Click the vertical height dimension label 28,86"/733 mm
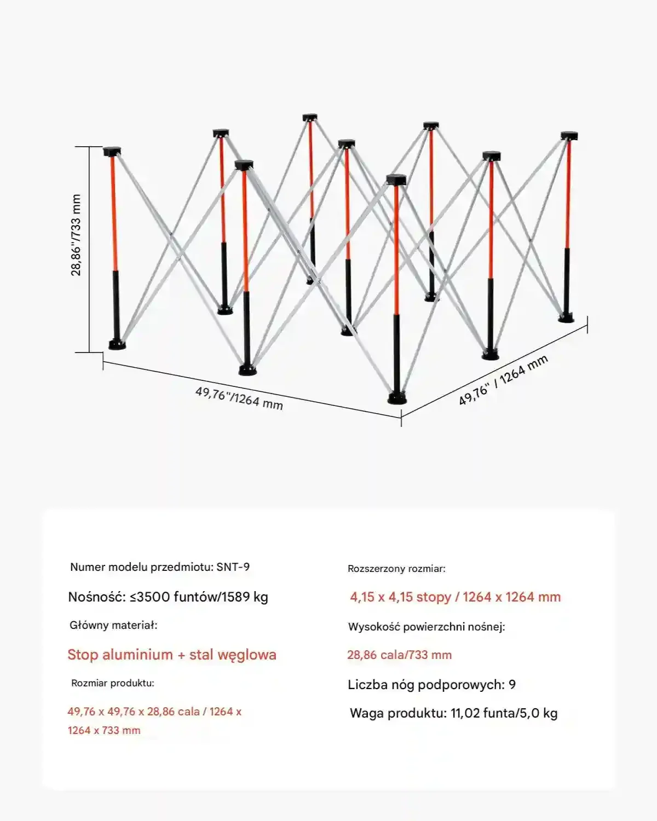(76, 235)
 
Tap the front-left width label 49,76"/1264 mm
(239, 398)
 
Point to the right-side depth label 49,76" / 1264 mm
(503, 380)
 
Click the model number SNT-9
(233, 567)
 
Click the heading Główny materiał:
(113, 625)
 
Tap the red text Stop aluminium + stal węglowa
(172, 655)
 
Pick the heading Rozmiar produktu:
(113, 683)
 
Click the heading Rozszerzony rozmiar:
(396, 569)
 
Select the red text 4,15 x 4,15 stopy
(400, 597)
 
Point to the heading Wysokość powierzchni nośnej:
(427, 627)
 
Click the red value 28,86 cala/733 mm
(399, 655)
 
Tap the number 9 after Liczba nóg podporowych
(512, 685)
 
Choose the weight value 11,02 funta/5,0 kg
(504, 713)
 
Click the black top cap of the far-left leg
(112, 152)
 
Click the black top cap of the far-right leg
(569, 136)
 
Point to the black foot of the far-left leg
(117, 344)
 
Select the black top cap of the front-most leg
(396, 180)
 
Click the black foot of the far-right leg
(566, 317)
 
